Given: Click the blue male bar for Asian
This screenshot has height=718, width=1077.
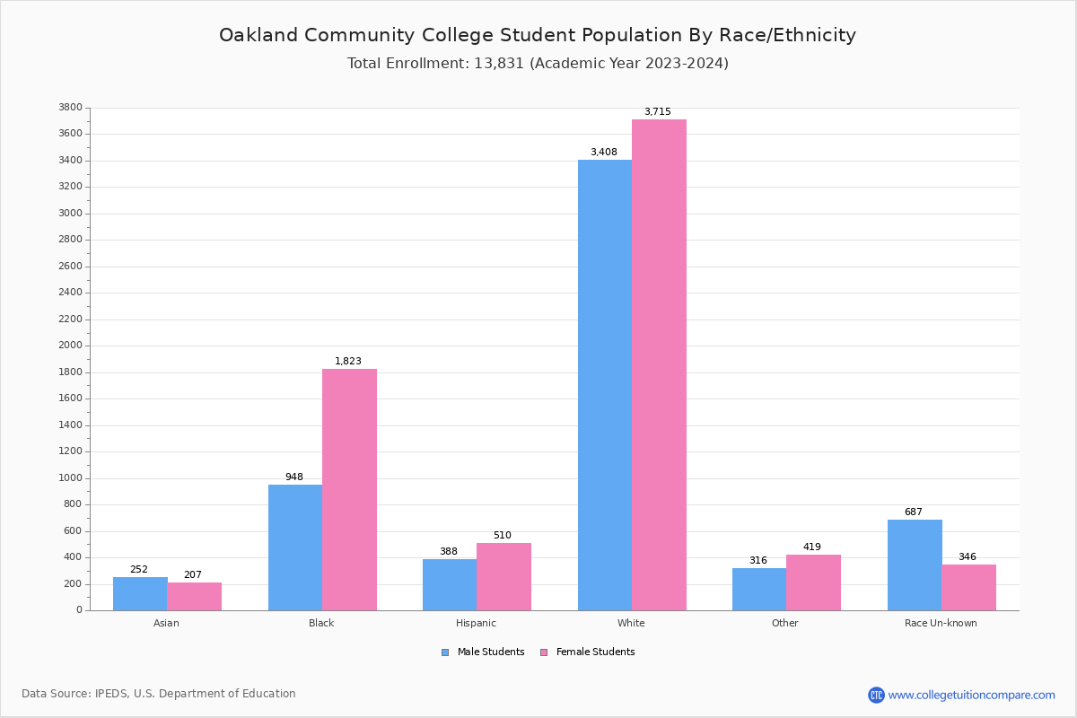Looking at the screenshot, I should tap(140, 593).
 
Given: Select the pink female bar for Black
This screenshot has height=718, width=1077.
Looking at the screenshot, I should tap(349, 489).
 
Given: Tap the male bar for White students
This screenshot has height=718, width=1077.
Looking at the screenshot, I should tap(604, 385).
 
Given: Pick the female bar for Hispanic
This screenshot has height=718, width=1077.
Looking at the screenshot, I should tap(503, 576).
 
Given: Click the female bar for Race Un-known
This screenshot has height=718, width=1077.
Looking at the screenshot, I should tap(968, 587).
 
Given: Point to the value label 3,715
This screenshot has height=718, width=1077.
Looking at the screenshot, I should tap(657, 112).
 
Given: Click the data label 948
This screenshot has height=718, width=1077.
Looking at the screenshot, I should tap(294, 477).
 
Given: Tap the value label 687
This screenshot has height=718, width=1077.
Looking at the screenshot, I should tap(913, 512).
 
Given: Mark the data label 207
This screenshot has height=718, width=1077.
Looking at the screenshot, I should tap(193, 575).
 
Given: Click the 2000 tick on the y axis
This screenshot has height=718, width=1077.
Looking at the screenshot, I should tap(72, 346).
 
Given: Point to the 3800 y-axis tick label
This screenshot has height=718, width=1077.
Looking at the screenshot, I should tap(72, 108).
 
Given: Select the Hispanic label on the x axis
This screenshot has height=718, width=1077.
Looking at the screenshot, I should tap(476, 623).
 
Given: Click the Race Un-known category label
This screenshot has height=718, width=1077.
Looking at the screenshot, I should tap(941, 623).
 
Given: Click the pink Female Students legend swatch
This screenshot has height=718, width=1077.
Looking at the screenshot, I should tap(544, 652).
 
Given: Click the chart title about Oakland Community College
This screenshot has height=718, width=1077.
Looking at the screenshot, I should tap(538, 36).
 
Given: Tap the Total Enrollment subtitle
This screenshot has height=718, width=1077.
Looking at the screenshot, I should tap(538, 64).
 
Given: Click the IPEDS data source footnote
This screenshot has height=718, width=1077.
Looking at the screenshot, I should tap(159, 694).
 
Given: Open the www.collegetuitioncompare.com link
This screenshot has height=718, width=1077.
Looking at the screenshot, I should tap(971, 695).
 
